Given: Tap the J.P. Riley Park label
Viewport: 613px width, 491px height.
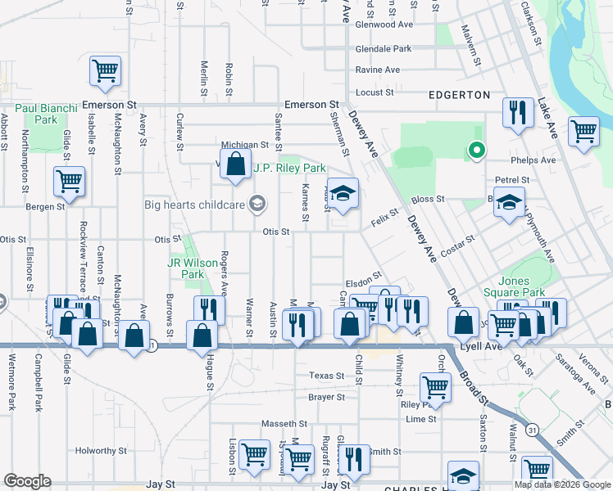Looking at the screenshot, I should pos(289,169).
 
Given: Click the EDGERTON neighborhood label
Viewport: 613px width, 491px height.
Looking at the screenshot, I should pos(460,95).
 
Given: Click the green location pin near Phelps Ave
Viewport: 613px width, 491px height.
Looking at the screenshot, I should pos(474,151).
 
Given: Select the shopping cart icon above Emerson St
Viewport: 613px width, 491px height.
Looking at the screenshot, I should pos(107,72).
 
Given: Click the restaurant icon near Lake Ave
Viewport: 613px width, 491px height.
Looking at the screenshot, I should pos(516,113).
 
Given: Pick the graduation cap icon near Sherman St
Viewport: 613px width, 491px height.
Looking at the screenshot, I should pos(343,193).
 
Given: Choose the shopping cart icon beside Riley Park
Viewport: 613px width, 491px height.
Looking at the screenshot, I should pos(435,387).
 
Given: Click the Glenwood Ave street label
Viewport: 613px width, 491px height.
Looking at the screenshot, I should pos(384,25).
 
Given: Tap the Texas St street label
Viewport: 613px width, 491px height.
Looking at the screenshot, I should pos(327,376).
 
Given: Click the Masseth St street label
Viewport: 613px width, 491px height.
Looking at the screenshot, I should pos(284,424).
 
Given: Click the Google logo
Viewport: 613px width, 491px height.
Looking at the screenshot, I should pos(27,481).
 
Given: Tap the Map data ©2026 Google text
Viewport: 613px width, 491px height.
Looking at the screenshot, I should pos(562,484).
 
